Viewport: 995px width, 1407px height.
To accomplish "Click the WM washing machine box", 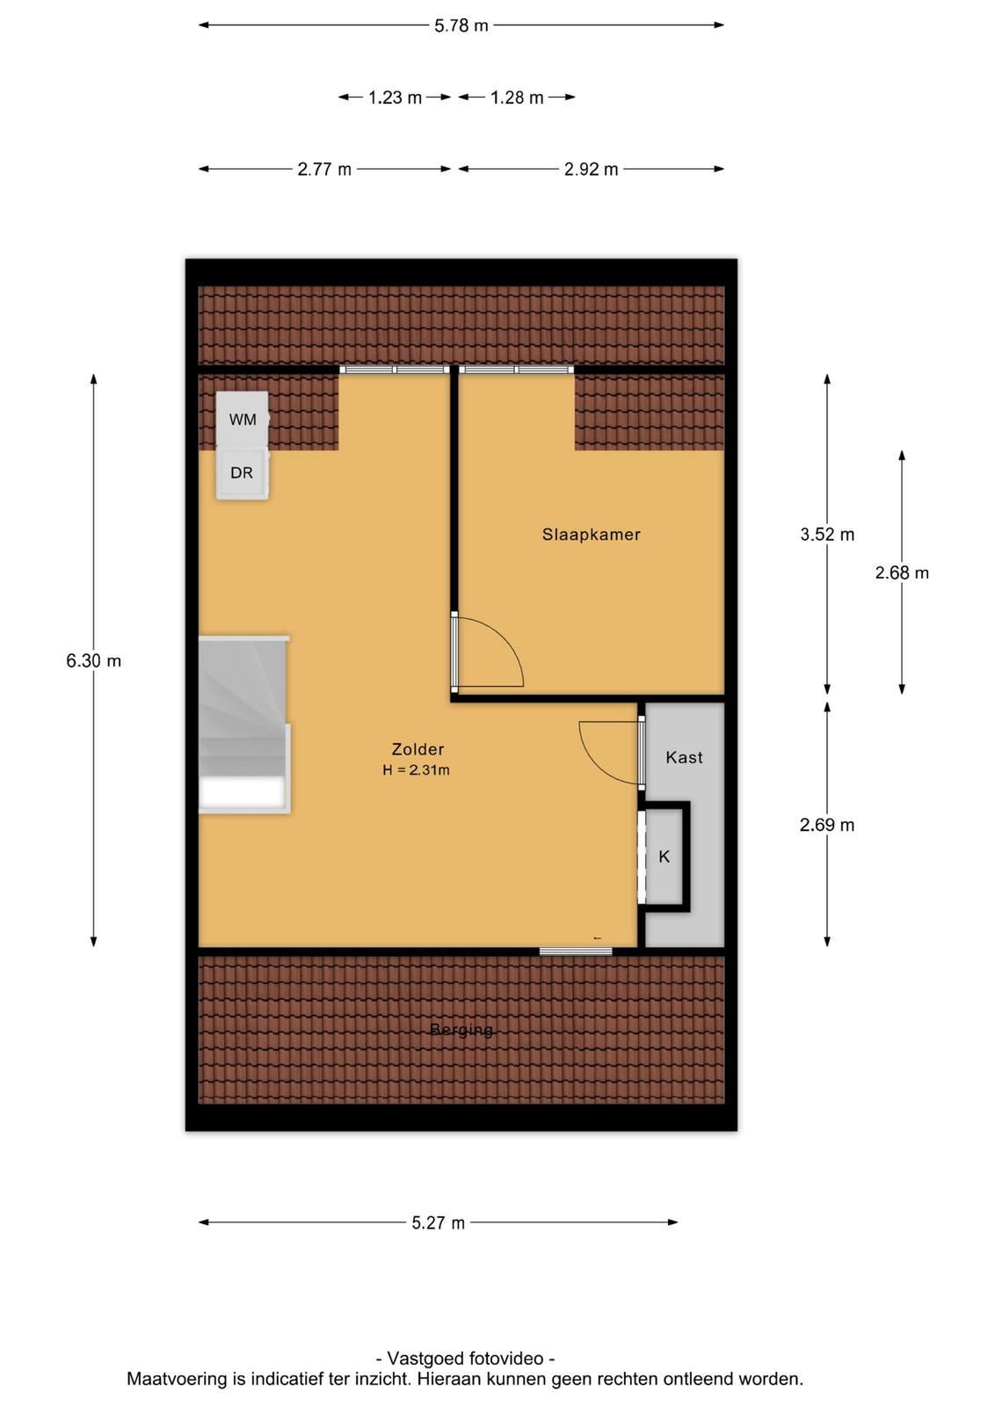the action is [243, 419].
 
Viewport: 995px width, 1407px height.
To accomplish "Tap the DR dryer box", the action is [243, 473].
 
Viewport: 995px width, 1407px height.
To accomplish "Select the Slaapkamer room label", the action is [591, 535].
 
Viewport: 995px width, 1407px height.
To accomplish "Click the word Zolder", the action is [418, 748].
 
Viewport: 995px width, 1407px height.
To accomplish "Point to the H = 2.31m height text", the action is [417, 770].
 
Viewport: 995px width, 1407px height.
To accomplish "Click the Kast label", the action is [684, 757].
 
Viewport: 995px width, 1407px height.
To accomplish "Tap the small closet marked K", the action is [665, 857].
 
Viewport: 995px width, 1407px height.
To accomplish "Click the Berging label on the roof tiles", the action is [461, 1030].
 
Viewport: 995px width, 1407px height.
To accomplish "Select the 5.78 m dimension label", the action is [461, 26].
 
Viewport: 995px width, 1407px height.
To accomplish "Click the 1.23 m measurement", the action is [395, 98].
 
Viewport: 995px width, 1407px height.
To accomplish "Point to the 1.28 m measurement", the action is [516, 98].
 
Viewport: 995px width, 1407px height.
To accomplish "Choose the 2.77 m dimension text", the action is [324, 169].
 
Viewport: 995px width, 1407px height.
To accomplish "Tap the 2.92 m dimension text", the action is [591, 169].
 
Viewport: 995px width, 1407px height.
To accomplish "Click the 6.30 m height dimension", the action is [93, 660].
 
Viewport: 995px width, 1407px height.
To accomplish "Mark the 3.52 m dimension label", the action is [827, 535].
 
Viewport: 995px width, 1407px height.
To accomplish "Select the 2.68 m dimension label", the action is [902, 572].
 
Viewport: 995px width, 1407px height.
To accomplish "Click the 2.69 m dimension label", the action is [827, 825].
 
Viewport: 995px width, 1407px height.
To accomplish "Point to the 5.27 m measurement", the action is [439, 1223].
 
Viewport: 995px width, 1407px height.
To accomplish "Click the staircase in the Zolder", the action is [243, 725].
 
